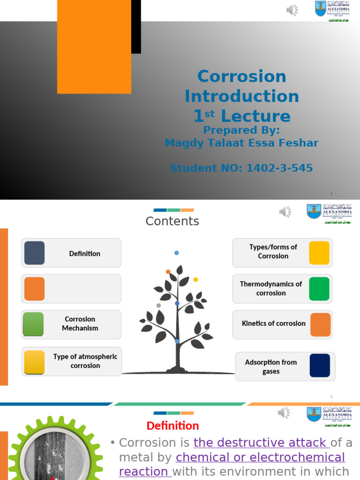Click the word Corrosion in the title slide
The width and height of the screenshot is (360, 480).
(x=241, y=76)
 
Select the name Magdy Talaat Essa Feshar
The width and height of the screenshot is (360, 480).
(x=241, y=143)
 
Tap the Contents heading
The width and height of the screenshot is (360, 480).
(x=172, y=221)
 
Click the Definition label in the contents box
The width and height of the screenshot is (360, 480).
(x=84, y=254)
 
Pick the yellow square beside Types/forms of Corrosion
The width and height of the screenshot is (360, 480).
(x=319, y=253)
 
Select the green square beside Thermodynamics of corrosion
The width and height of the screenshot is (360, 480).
(x=319, y=289)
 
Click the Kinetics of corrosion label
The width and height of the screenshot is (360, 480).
(x=273, y=323)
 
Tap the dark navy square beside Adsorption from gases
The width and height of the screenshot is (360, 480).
(x=320, y=366)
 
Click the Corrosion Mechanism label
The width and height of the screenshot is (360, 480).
(x=80, y=323)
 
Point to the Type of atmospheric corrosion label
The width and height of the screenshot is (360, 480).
(x=85, y=361)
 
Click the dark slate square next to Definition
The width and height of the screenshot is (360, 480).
(x=34, y=253)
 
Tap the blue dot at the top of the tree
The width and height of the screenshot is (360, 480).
(x=177, y=253)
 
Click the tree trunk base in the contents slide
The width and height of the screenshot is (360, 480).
(x=178, y=369)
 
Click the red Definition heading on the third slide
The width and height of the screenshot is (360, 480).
(x=172, y=426)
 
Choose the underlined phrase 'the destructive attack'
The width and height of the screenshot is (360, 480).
(x=262, y=442)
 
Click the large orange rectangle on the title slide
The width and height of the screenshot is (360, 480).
(x=94, y=46)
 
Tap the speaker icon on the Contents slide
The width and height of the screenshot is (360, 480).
(x=285, y=212)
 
